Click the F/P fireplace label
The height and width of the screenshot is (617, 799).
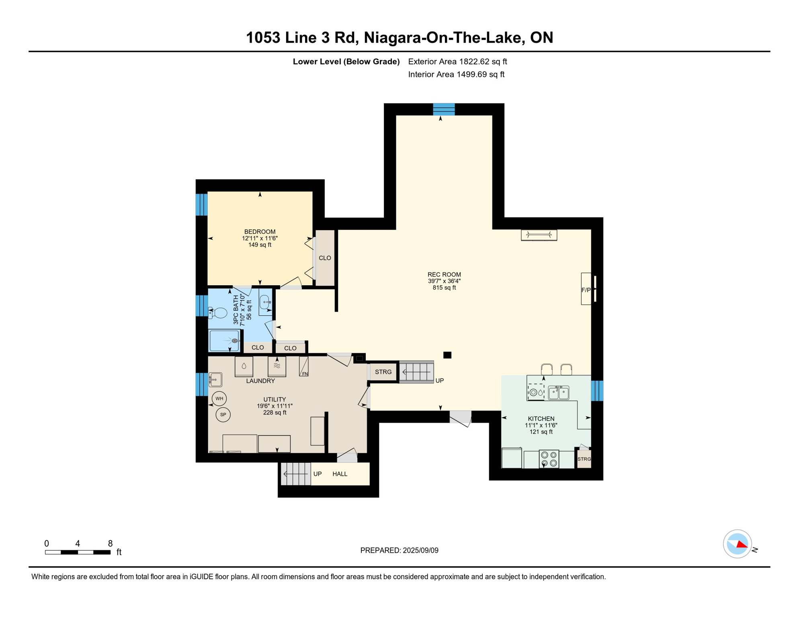click(x=586, y=290)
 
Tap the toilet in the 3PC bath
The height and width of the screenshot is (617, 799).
click(x=218, y=313)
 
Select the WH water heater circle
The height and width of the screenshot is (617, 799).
click(x=219, y=398)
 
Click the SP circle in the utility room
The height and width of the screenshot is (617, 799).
click(x=223, y=415)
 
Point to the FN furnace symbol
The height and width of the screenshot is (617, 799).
click(x=304, y=367)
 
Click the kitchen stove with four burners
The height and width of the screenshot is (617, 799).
click(x=549, y=459)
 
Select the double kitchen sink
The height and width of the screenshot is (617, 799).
click(x=559, y=392)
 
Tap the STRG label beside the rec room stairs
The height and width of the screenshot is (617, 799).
click(x=383, y=372)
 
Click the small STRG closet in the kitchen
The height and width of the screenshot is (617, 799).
click(x=584, y=459)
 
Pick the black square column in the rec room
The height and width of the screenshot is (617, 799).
click(x=447, y=355)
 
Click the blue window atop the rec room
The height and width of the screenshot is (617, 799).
click(x=444, y=109)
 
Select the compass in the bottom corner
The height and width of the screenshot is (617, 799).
click(x=737, y=544)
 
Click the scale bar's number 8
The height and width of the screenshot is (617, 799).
click(x=110, y=543)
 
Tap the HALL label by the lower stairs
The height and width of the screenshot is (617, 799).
click(x=340, y=474)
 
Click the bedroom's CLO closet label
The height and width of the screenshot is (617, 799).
click(x=325, y=258)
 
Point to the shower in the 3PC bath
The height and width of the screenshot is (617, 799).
click(x=224, y=341)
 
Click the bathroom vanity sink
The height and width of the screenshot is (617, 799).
click(x=265, y=301)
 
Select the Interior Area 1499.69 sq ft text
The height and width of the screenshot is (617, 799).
click(x=456, y=74)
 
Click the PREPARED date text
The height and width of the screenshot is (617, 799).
click(x=399, y=550)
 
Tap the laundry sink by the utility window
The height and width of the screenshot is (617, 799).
click(x=215, y=379)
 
